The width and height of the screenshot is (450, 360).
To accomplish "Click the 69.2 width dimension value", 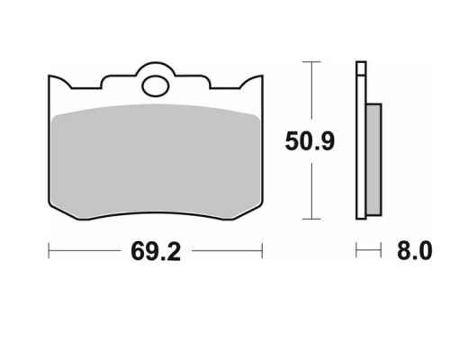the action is click(156, 251).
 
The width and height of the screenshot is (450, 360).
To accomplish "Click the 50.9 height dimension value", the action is click(310, 141).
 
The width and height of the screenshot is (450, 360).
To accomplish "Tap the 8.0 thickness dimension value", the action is click(415, 251).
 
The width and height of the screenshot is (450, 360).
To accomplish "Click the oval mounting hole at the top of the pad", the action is click(156, 86).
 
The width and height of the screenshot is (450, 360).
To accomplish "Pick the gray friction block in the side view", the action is click(374, 159).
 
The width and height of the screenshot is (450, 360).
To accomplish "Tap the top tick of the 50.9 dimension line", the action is click(311, 62).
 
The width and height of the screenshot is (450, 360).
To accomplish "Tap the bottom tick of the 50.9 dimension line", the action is click(311, 219).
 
